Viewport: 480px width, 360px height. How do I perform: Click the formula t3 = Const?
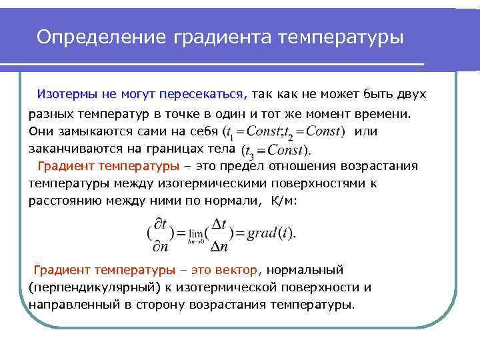click(x=274, y=150)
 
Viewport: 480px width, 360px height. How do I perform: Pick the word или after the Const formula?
click(x=367, y=131)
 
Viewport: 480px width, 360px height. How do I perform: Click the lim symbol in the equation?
click(x=195, y=235)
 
